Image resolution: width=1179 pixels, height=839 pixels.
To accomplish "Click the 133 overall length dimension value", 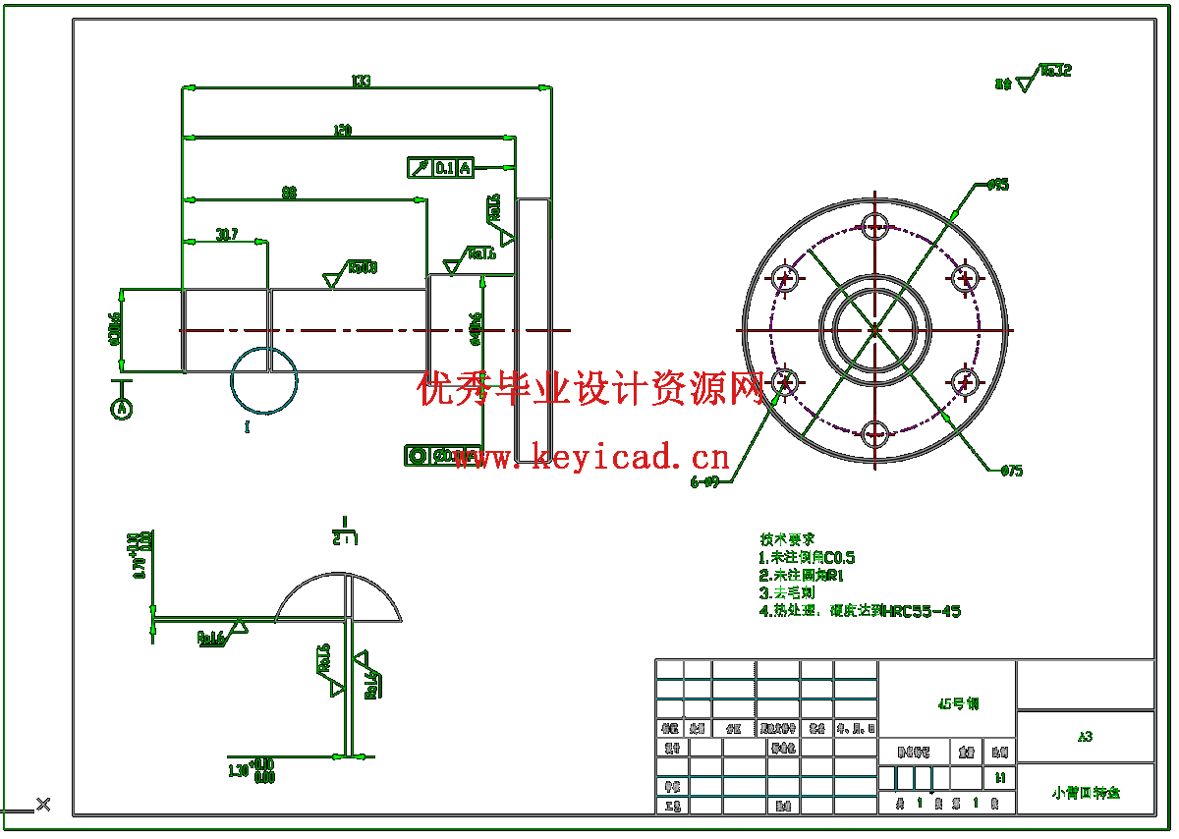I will tap(361, 81).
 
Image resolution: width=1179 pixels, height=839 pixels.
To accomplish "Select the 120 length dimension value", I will tap(343, 130).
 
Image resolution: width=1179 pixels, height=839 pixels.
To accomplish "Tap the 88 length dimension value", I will tap(289, 194).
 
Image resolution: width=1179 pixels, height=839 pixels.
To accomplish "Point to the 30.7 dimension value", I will tap(227, 235).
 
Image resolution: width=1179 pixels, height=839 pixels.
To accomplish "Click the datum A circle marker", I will tap(122, 407).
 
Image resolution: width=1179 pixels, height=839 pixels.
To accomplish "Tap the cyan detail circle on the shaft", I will tap(264, 380).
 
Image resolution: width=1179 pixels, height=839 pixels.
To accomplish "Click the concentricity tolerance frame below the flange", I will tap(432, 456).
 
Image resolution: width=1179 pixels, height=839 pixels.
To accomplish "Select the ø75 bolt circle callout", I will tap(1011, 472).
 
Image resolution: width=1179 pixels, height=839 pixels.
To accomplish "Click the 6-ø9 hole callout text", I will tap(704, 482).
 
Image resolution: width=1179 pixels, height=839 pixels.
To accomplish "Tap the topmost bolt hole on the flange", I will tap(873, 224).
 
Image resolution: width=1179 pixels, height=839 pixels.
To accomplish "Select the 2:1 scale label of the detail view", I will tap(344, 538).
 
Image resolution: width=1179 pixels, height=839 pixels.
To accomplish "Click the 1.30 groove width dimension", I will tap(252, 771).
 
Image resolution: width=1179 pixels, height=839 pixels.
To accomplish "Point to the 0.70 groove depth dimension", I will tap(143, 554).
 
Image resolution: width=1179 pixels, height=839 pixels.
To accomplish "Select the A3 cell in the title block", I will tap(1085, 736).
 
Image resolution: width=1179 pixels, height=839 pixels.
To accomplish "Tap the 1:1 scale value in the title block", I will tap(999, 777).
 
